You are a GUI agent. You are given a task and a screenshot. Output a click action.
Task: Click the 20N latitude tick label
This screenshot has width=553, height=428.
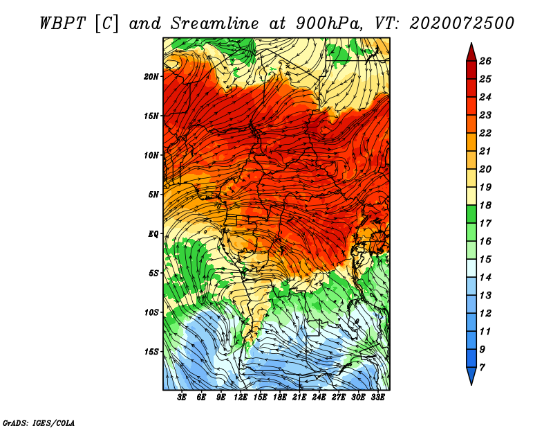coord(151,77)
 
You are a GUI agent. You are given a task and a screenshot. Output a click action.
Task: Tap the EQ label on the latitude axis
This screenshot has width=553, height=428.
coord(153,234)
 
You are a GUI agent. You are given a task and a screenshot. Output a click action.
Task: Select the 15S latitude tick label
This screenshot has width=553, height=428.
coord(151,352)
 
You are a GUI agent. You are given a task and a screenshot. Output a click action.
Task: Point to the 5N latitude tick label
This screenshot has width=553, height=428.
coord(153,195)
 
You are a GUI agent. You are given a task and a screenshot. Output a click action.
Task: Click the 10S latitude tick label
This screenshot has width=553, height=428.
coord(151,312)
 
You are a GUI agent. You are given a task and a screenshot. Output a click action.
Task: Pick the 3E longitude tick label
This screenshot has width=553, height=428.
coord(182,398)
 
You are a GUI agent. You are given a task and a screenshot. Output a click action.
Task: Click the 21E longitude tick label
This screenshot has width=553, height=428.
coord(299,398)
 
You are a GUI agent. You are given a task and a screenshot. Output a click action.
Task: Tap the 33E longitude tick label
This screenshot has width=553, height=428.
coord(377,398)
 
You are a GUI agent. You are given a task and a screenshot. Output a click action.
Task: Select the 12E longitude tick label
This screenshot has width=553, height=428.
coord(241,398)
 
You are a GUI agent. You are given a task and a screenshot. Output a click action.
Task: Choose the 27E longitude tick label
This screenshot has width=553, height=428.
coord(339,398)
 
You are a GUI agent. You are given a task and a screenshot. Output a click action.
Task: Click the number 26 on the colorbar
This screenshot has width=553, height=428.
coord(485,61)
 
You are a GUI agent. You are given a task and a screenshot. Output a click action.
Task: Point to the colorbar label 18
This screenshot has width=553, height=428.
coord(485,205)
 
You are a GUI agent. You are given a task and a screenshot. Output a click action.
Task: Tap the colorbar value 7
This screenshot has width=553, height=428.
coord(482,368)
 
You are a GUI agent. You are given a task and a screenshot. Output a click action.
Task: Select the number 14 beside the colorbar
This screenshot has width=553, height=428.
coord(485,278)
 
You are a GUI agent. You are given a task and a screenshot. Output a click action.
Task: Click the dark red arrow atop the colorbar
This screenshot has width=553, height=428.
coord(471,52)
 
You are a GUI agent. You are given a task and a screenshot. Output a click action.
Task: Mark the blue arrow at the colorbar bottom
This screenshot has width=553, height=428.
coord(471,376)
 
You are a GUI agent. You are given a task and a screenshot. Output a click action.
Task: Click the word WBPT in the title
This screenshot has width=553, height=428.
coord(62,24)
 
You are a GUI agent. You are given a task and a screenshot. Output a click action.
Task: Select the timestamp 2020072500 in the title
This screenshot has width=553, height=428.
coord(462,24)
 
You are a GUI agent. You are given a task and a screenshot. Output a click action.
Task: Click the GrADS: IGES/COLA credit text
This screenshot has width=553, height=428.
coord(39,423)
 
